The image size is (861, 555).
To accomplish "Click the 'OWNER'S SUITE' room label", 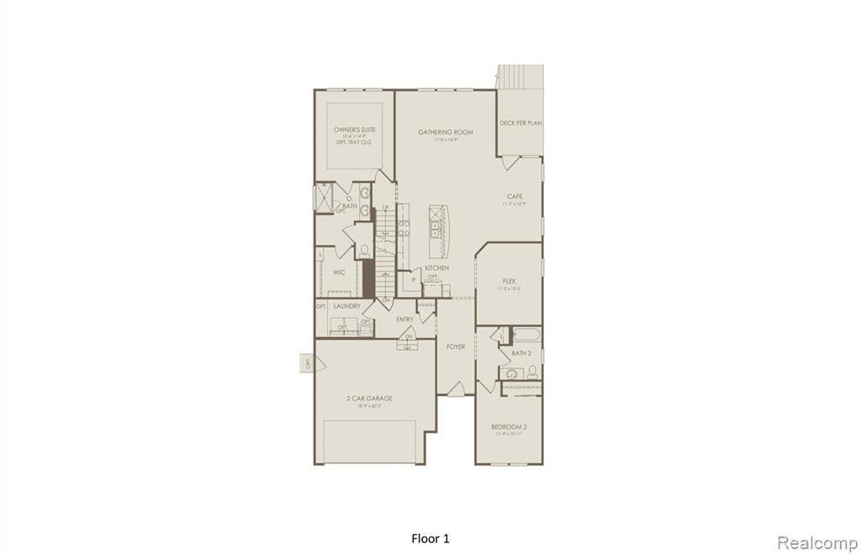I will pyautogui.click(x=354, y=130).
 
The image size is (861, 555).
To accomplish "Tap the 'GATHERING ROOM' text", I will pyautogui.click(x=446, y=132).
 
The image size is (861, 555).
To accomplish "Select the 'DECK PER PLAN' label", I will pyautogui.click(x=520, y=123).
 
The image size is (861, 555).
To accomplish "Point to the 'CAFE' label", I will pyautogui.click(x=514, y=196).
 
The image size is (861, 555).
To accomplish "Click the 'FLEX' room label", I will pyautogui.click(x=509, y=281).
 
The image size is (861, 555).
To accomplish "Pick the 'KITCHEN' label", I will pyautogui.click(x=436, y=267).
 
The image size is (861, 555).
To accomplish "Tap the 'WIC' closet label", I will pyautogui.click(x=339, y=272).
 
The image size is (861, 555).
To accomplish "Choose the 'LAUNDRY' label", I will pyautogui.click(x=346, y=306).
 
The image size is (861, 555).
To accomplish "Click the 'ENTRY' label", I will pyautogui.click(x=404, y=320).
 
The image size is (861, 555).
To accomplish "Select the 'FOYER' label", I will pyautogui.click(x=456, y=346).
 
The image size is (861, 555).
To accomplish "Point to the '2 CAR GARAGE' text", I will pyautogui.click(x=369, y=399).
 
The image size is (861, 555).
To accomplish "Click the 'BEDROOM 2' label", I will pyautogui.click(x=509, y=427).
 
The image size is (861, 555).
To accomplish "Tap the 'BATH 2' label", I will pyautogui.click(x=521, y=353).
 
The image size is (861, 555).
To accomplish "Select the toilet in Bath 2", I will pyautogui.click(x=532, y=371).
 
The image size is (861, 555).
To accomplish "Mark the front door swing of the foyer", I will pyautogui.click(x=456, y=388).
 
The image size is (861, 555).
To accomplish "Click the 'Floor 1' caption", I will pyautogui.click(x=430, y=538).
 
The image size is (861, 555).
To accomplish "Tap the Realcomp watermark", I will pyautogui.click(x=816, y=542).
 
